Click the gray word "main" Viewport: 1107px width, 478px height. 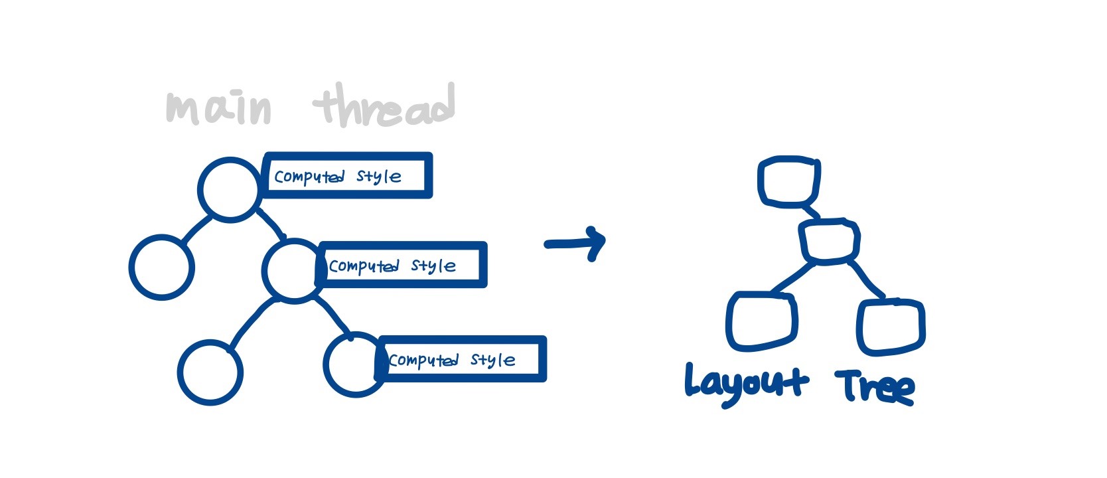tap(219, 109)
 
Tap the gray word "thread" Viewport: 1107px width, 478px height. tap(385, 106)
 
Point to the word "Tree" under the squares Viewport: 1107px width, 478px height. tap(875, 386)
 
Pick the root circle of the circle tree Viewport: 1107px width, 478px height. tap(228, 189)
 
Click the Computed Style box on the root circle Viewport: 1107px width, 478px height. tap(348, 176)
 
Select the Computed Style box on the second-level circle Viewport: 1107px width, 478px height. tap(402, 265)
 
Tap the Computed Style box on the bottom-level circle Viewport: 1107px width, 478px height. tap(462, 359)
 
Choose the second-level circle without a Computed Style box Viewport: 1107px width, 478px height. tap(161, 267)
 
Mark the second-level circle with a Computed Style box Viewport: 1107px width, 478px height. tap(291, 270)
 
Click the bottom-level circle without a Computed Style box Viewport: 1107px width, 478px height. tap(210, 372)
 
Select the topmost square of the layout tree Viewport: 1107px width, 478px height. tap(788, 181)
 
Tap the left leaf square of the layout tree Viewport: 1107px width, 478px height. tap(761, 321)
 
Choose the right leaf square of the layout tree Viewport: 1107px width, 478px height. tap(891, 326)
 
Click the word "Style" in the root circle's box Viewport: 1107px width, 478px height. tap(378, 177)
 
